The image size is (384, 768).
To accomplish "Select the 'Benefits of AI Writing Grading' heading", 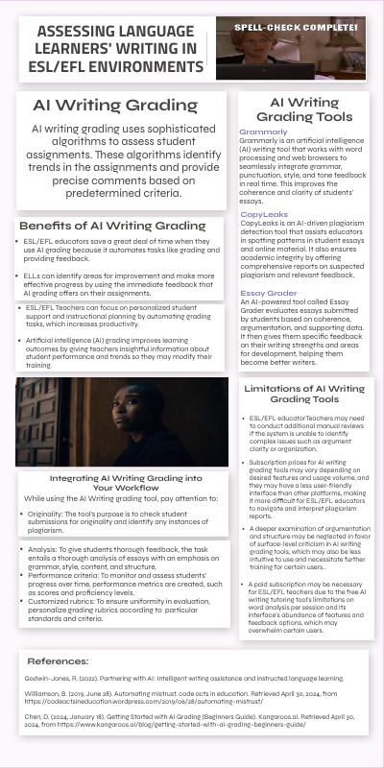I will tap(113, 225).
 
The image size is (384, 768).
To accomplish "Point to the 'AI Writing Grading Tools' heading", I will tap(303, 108).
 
